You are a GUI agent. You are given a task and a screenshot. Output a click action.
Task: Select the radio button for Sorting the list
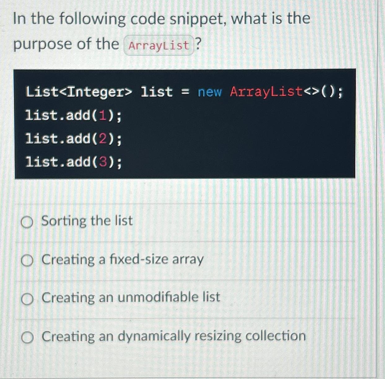pos(27,222)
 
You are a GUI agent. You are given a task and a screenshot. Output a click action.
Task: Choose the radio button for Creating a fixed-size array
pos(27,261)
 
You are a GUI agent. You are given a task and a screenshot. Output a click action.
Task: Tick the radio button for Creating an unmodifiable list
pos(27,299)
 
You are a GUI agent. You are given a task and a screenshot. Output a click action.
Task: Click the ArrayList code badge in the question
pos(159,46)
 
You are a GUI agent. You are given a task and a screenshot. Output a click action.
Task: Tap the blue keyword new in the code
pos(210,92)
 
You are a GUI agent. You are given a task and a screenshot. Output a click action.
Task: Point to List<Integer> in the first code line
pos(79,92)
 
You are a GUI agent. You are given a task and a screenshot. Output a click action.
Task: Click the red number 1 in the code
pos(103,116)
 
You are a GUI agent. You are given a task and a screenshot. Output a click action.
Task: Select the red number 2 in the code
pos(103,139)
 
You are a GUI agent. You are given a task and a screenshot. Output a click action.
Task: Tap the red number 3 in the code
pos(103,162)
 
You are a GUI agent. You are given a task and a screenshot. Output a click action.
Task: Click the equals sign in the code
pos(185,92)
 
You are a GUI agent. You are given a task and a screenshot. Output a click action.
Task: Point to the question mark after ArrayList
pos(199,44)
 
